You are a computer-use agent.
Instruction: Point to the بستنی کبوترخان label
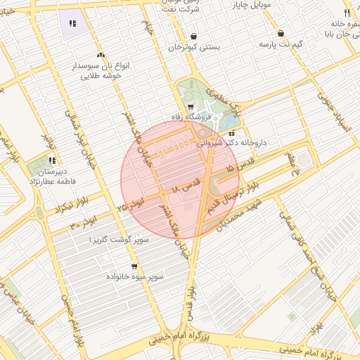(x=193, y=47)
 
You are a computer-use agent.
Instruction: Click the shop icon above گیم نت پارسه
(x=281, y=34)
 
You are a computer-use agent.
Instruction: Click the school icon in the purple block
(x=72, y=23)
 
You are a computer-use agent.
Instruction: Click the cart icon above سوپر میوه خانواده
(x=134, y=266)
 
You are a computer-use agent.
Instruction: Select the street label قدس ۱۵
(x=239, y=169)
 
